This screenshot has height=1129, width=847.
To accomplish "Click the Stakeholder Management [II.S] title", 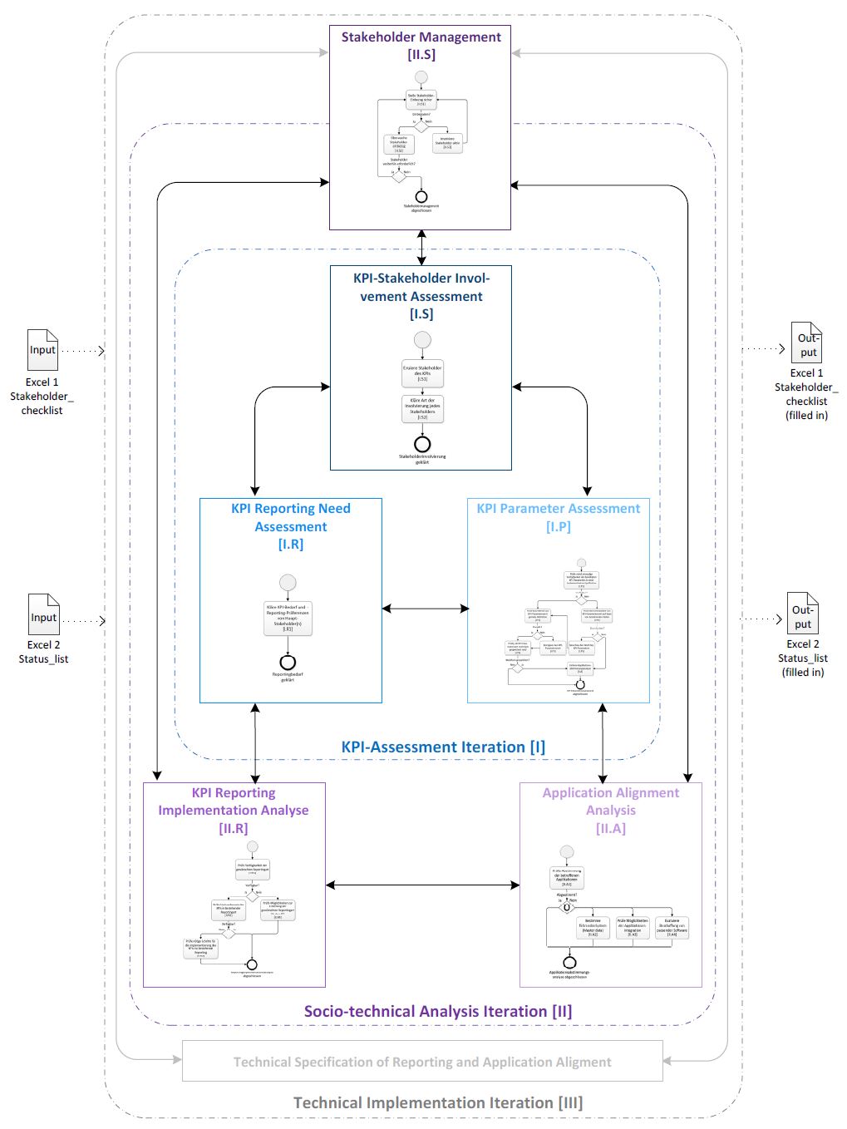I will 421,46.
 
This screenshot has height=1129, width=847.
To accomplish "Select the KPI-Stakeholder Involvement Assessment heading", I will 421,295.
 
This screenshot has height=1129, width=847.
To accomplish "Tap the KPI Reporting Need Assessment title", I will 291,525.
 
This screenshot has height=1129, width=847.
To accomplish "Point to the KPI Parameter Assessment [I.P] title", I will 559,517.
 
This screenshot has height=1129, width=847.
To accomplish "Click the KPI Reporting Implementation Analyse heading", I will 234,810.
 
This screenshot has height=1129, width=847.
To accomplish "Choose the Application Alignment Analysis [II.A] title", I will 611,810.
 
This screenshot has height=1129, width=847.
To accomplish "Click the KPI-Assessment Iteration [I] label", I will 443,747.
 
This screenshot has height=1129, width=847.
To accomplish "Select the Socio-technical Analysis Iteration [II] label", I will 437,1011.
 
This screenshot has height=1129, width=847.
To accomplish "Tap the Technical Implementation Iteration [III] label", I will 437,1102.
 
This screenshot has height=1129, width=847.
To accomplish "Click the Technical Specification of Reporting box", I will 422,1062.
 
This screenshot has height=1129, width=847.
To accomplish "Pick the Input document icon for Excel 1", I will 42,350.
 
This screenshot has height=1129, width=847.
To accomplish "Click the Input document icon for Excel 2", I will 44,614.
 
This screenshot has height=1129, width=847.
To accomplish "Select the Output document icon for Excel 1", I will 806,343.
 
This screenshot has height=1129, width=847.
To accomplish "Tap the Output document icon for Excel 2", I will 803,614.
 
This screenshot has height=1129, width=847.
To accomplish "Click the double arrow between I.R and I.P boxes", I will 425,609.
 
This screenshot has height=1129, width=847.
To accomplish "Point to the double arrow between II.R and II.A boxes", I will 422,885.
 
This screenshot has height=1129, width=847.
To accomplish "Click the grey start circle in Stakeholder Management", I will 421,77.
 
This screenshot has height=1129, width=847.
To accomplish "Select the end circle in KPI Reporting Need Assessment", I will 288,663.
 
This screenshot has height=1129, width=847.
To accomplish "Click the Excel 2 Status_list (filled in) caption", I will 803,658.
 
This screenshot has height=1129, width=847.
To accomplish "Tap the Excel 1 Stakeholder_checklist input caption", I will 42,396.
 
